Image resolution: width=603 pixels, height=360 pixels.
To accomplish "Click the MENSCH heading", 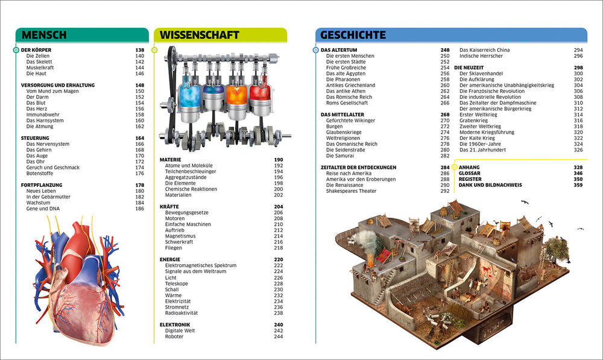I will coord(42,35).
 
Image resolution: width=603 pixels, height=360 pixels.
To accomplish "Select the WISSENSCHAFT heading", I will coord(197,35).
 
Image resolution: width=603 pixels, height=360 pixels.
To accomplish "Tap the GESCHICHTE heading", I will coord(353,35).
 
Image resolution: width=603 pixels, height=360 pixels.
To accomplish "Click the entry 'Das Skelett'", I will coord(39,62).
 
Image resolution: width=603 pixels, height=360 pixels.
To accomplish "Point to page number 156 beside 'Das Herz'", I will coord(139,109).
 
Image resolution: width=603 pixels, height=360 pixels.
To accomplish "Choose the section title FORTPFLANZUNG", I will coord(42,185).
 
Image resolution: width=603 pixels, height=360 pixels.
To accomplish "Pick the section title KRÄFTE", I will coord(169,206).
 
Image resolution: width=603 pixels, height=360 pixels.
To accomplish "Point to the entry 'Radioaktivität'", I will coord(182,313).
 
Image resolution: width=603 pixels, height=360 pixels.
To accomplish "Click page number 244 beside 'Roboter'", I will coord(278,336).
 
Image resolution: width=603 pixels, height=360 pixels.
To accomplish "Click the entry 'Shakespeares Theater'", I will coord(352,191).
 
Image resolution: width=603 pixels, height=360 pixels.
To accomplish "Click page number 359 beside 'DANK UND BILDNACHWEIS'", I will coord(578,185).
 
